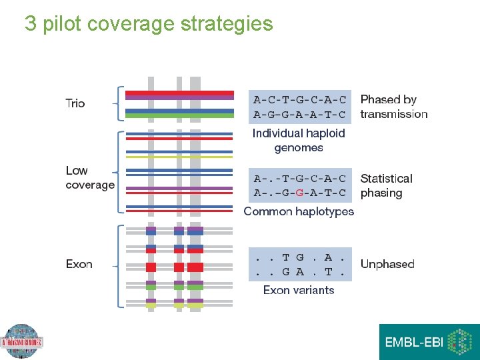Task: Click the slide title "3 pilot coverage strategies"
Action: click(x=149, y=24)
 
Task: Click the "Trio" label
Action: click(x=75, y=103)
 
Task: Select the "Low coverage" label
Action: click(x=90, y=178)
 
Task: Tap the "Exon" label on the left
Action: click(x=79, y=265)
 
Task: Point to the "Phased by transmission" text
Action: click(x=393, y=107)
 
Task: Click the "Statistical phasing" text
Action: click(x=386, y=186)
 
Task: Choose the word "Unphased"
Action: click(x=387, y=264)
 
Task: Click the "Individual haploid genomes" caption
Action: click(x=299, y=141)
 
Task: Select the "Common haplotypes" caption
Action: click(x=299, y=211)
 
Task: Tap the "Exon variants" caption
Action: click(x=299, y=290)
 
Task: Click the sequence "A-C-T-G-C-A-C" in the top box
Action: click(x=300, y=100)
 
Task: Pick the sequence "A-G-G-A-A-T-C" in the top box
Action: click(x=300, y=115)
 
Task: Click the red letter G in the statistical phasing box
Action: click(x=300, y=193)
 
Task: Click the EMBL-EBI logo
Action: click(x=429, y=342)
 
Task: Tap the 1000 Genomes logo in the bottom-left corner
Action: click(x=21, y=342)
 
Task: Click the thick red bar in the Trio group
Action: click(x=179, y=93)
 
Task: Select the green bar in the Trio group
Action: click(x=179, y=115)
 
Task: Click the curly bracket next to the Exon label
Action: click(x=120, y=267)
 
